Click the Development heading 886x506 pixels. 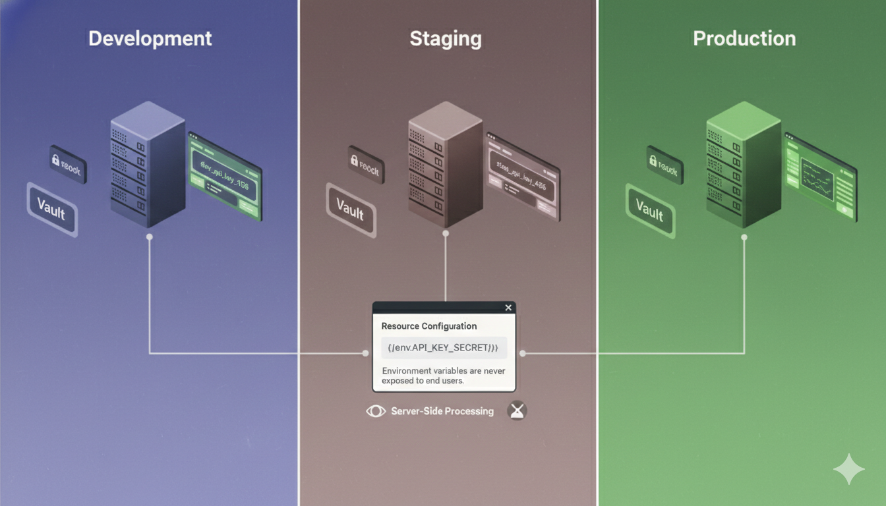click(150, 38)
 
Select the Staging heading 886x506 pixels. click(446, 38)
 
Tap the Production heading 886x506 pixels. click(744, 38)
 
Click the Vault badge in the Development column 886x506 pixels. click(52, 209)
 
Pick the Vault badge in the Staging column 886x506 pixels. click(351, 209)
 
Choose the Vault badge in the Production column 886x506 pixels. click(649, 209)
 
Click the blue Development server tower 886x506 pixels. click(147, 165)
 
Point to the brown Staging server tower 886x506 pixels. click(445, 165)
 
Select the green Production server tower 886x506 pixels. click(743, 165)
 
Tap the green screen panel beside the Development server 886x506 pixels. click(224, 176)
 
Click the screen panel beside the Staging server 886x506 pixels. click(523, 176)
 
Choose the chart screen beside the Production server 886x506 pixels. click(820, 176)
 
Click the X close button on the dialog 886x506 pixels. click(508, 308)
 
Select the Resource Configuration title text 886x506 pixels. click(429, 326)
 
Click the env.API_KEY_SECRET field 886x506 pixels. click(444, 348)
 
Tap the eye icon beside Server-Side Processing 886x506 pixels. click(376, 411)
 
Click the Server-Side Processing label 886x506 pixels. click(442, 411)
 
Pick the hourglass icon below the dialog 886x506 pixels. click(517, 411)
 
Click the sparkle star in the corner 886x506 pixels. click(848, 469)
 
